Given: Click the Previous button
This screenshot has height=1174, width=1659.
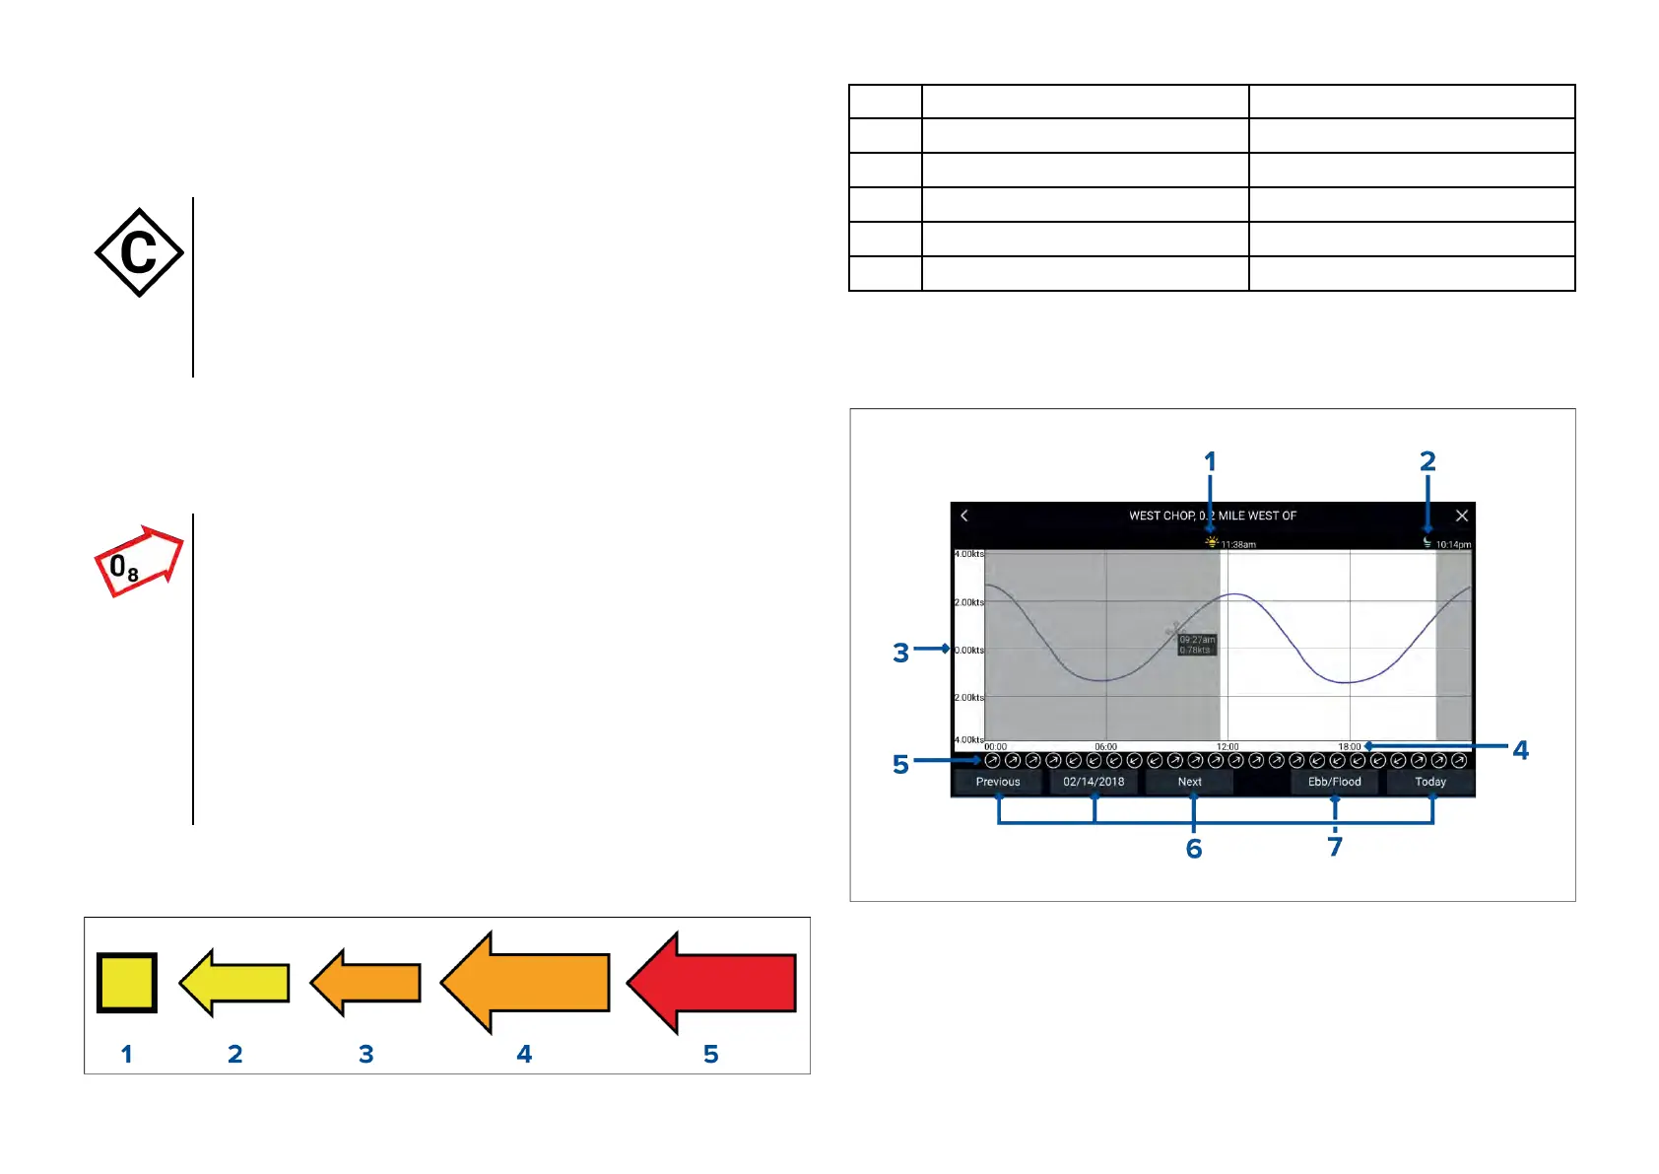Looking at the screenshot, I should tap(997, 782).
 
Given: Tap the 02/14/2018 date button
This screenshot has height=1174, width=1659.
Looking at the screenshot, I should tap(1094, 782).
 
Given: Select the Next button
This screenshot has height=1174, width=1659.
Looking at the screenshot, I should tap(1189, 782).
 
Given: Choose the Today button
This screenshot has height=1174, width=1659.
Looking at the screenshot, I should tap(1430, 782).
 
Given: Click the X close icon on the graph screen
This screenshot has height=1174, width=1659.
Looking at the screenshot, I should tap(1462, 516).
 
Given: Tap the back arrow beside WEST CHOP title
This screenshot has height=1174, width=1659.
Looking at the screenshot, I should tap(964, 516).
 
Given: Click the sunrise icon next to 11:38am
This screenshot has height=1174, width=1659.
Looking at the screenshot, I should tap(1212, 542).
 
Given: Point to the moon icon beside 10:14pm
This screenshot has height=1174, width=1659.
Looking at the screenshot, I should tap(1427, 542).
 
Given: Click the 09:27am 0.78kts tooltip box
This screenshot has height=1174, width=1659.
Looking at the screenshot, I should tap(1197, 645).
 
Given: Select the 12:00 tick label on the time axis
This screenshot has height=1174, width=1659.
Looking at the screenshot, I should tap(1228, 747).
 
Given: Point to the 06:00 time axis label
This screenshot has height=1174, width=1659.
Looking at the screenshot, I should tap(1105, 747).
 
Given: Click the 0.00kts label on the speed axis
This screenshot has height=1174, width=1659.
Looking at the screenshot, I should tap(969, 651).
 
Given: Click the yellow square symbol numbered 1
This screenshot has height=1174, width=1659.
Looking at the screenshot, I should tap(127, 983).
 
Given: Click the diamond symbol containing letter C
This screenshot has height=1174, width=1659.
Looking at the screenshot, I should tap(139, 252).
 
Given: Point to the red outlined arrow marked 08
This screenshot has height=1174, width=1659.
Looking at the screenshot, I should tap(139, 561).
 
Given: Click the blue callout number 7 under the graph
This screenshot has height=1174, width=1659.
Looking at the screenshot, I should tap(1335, 848).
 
